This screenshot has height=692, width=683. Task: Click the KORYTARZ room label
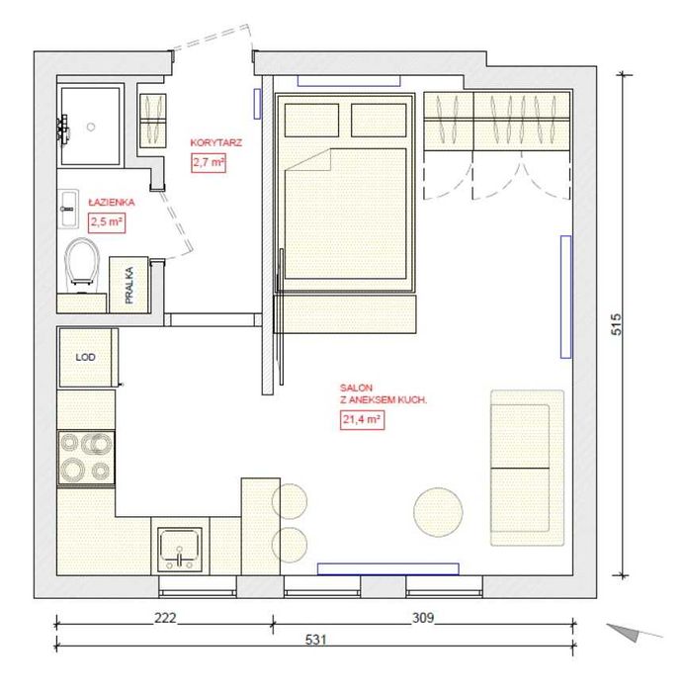[216, 143]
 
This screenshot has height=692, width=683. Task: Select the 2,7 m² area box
[209, 162]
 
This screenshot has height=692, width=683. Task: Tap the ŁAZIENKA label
[111, 203]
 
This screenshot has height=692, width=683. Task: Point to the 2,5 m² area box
[107, 222]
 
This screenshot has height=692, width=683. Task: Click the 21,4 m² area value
[362, 419]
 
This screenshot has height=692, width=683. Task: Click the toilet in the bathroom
[82, 264]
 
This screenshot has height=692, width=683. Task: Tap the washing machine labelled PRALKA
[128, 285]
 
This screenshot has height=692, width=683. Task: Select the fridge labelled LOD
[87, 358]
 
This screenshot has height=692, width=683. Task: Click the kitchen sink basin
[179, 550]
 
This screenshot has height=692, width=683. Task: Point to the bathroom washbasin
[68, 209]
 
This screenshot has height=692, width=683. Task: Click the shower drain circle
[91, 128]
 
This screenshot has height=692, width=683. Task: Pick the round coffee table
[438, 512]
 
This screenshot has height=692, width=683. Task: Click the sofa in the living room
[527, 468]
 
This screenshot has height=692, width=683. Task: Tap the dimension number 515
[616, 324]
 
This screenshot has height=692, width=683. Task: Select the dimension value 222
[165, 618]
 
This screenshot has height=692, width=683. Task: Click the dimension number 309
[423, 618]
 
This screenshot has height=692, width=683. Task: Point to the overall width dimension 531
[316, 640]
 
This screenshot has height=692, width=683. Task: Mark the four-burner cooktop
[86, 458]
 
